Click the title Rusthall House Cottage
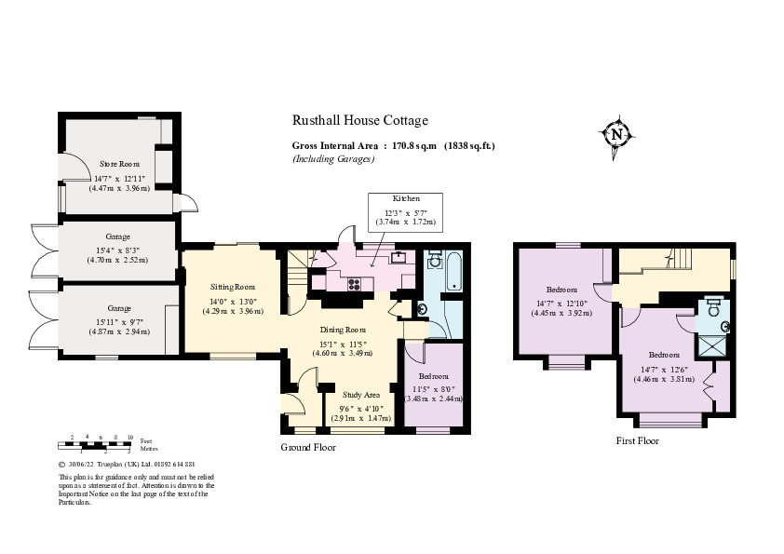coord(360,120)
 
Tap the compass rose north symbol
coord(616,135)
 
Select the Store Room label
coord(119,164)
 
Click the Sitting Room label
coord(232,288)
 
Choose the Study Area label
coord(362,395)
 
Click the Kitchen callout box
coord(406,211)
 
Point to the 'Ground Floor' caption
coord(308,447)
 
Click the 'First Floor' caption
coord(638,440)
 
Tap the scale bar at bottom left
coord(101,442)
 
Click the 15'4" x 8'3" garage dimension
coord(118,249)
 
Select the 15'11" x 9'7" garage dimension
coord(118,320)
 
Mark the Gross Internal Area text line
coord(393,146)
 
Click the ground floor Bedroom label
coord(433,375)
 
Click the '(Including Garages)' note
coord(333,159)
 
